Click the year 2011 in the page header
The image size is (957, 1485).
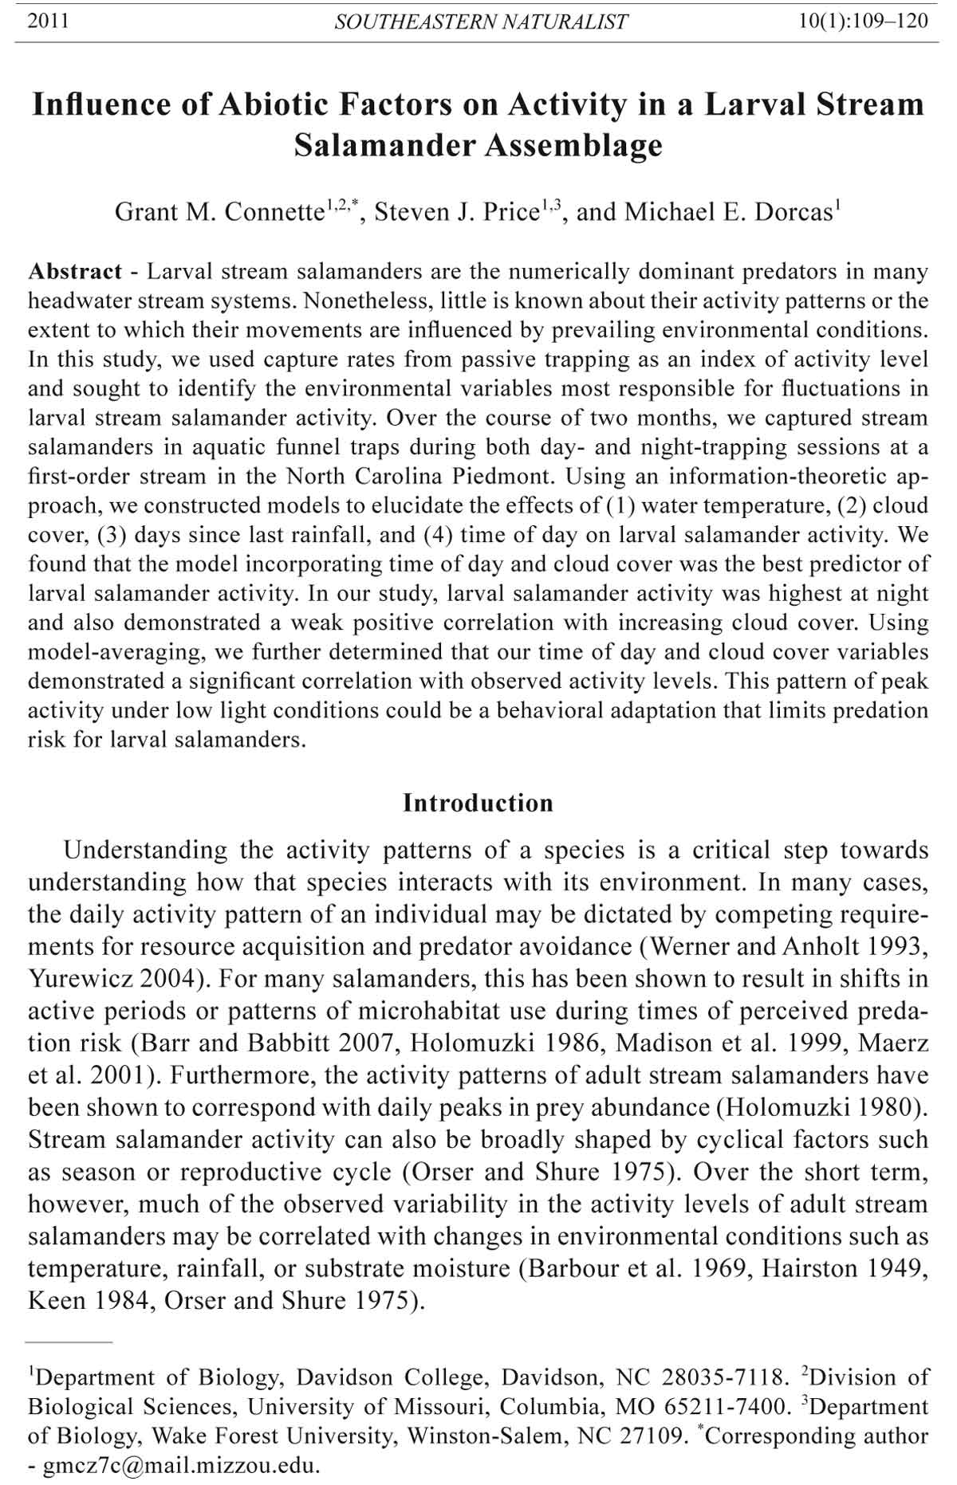pyautogui.click(x=48, y=21)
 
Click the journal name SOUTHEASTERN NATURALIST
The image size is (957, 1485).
pyautogui.click(x=481, y=22)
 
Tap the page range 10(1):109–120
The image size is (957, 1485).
pyautogui.click(x=864, y=21)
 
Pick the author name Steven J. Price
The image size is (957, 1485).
pyautogui.click(x=456, y=212)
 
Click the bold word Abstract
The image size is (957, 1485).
pyautogui.click(x=75, y=272)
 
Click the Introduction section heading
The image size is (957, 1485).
pyautogui.click(x=478, y=803)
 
